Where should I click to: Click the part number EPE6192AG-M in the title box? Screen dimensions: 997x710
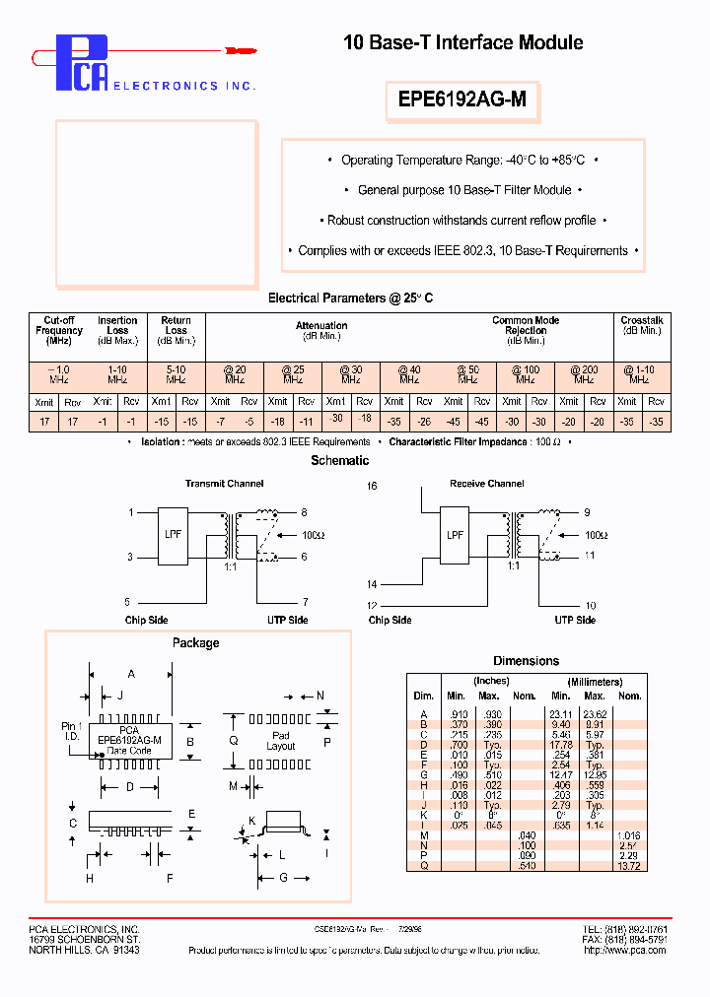pyautogui.click(x=461, y=99)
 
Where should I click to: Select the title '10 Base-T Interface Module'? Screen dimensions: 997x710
pyautogui.click(x=462, y=42)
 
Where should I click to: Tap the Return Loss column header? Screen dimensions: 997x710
pyautogui.click(x=176, y=330)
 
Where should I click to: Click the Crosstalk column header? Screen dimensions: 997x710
pyautogui.click(x=642, y=325)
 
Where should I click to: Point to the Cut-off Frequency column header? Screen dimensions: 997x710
pyautogui.click(x=59, y=330)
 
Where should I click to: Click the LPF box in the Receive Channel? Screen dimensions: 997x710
pyautogui.click(x=456, y=535)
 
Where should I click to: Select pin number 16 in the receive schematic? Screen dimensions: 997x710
pyautogui.click(x=372, y=487)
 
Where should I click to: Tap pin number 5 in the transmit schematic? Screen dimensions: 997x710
pyautogui.click(x=127, y=601)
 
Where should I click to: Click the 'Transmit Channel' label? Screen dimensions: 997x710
pyautogui.click(x=225, y=484)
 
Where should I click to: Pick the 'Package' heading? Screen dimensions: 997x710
pyautogui.click(x=195, y=643)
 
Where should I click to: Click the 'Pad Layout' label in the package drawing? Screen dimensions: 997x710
pyautogui.click(x=281, y=741)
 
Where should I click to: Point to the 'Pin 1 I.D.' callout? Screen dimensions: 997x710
pyautogui.click(x=72, y=731)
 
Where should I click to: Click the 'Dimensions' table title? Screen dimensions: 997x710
pyautogui.click(x=526, y=661)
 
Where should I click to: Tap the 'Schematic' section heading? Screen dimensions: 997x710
pyautogui.click(x=339, y=460)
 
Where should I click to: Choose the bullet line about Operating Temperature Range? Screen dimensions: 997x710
pyautogui.click(x=462, y=160)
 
